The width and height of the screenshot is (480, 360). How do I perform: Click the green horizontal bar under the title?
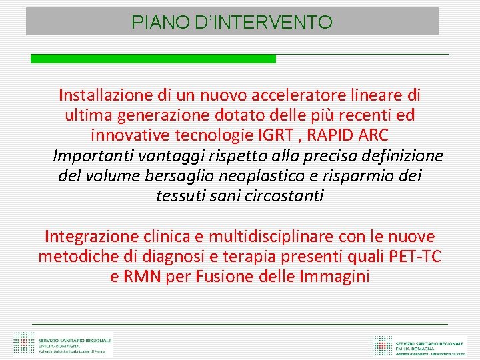click(x=153, y=59)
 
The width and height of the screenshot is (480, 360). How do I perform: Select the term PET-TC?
click(x=414, y=256)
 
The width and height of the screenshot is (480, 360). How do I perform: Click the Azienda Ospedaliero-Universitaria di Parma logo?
click(x=419, y=344)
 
